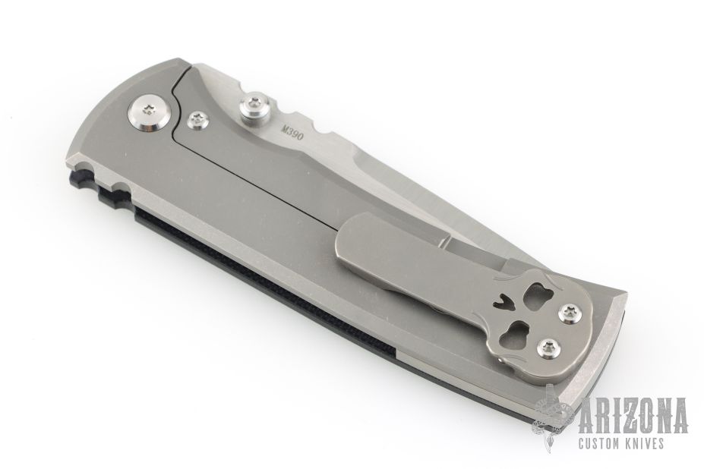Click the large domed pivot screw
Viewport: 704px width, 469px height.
[x=150, y=114]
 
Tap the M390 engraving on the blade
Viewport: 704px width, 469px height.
[x=292, y=131]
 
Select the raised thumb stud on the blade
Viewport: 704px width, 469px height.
[x=254, y=109]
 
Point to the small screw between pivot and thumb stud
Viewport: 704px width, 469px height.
[x=198, y=120]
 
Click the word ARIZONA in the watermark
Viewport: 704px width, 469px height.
[x=633, y=415]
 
